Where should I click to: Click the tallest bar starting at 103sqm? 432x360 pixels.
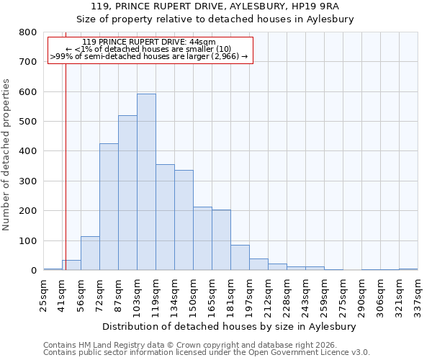point(146,182)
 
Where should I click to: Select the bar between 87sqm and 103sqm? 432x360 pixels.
point(127,193)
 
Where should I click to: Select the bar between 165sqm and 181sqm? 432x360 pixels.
point(221,240)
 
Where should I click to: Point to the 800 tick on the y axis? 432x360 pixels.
point(28,32)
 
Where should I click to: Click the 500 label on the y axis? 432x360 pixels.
point(28,122)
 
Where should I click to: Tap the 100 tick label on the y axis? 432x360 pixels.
point(28,241)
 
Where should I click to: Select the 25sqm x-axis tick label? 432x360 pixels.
point(43,294)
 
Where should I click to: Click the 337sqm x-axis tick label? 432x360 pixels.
point(418,294)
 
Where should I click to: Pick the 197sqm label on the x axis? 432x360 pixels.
point(249,294)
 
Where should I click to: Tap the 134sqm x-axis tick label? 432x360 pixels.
point(174,294)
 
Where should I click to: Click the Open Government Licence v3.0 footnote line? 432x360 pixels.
point(207,352)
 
